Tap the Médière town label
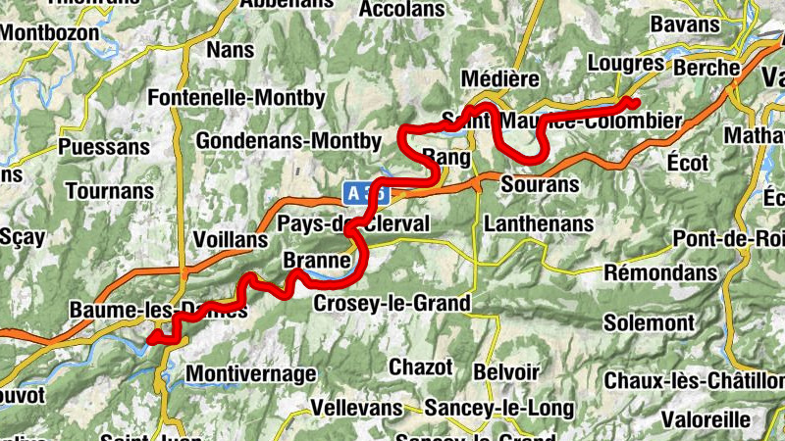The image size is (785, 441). tap(500, 77)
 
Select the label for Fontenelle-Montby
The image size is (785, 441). tap(235, 98)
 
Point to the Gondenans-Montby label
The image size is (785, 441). tap(288, 141)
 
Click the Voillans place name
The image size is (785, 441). tap(232, 240)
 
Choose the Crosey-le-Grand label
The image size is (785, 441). tap(392, 304)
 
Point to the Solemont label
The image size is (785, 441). tap(649, 322)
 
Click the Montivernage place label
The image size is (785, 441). tap(250, 373)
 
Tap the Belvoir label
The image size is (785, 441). tap(505, 372)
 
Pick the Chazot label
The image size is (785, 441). tap(421, 367)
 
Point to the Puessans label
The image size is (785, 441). tap(105, 147)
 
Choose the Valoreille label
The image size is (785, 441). tap(704, 418)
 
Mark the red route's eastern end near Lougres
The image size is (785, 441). tap(633, 103)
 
